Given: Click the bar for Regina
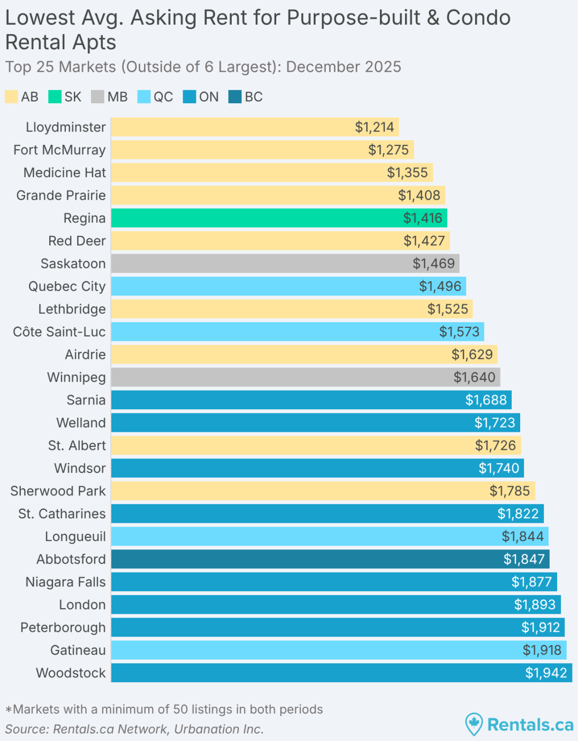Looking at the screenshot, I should (278, 218).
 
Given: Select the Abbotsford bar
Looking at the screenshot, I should (330, 559).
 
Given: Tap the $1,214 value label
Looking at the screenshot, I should (374, 127).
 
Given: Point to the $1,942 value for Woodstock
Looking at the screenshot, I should (546, 673).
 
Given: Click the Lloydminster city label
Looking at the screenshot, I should (66, 127).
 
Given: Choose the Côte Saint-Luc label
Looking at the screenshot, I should (59, 332).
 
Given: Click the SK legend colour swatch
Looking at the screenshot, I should (55, 97).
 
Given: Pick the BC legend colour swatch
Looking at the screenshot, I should (235, 97).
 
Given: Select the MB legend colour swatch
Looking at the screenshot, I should (97, 97).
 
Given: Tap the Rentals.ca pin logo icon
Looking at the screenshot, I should (474, 724).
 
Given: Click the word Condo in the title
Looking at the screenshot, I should (478, 18).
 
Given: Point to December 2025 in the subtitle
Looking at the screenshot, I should (344, 67).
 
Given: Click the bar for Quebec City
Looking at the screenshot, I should (288, 286).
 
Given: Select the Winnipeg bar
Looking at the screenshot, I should (305, 377).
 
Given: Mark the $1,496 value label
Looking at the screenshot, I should (440, 286).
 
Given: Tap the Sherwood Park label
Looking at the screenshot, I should (58, 491).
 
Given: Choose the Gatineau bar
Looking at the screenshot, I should (338, 650).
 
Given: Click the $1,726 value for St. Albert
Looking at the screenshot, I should (496, 446).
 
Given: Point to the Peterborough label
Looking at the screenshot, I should (63, 628).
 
